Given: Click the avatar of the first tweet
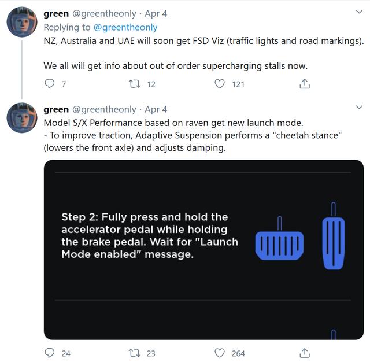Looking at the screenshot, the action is pos(22,22).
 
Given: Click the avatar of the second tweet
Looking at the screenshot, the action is pos(22,118).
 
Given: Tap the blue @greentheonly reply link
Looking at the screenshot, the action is pos(125,27).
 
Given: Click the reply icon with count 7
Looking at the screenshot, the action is pos(49,83).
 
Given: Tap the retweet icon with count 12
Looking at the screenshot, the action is pos(135,84).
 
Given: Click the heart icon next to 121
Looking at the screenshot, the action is pos(220,84).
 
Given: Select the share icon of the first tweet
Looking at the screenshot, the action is pos(305,83).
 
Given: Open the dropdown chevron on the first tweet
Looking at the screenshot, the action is pos(359,12).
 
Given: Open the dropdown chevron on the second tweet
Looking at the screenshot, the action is pos(359,108).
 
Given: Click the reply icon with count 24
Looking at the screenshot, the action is pos(49,353).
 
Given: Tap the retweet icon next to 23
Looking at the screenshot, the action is pos(135,353).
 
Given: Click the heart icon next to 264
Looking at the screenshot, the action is pos(220,353).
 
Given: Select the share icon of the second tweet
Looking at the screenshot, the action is pos(305,353).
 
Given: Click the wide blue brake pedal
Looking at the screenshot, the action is pos(279,245).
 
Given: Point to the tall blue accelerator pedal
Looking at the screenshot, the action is pos(334,243).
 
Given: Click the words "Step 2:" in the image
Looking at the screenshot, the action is pos(80,217).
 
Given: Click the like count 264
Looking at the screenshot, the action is pos(238,353).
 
